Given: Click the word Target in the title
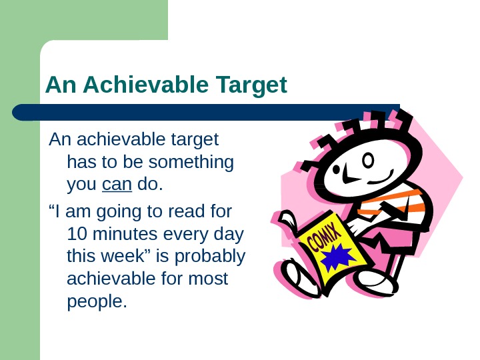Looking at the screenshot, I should (251, 85).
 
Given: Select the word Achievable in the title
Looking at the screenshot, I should (145, 85).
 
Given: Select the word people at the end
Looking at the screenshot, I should (96, 301).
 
